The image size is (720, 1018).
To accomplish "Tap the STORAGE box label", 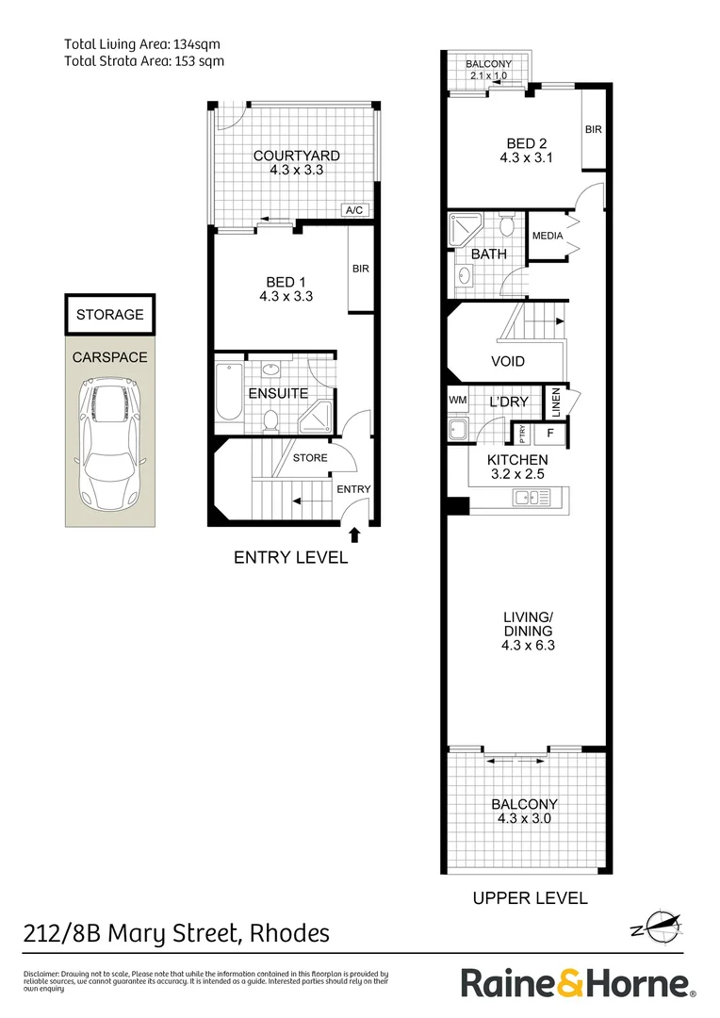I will pyautogui.click(x=110, y=315).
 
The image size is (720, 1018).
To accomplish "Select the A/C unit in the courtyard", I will pyautogui.click(x=355, y=210).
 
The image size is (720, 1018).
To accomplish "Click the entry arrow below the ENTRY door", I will pyautogui.click(x=354, y=535).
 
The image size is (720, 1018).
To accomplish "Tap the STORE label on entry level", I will pyautogui.click(x=310, y=459).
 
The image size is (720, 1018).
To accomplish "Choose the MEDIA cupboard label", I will pyautogui.click(x=548, y=237).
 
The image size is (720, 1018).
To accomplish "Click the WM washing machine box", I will pyautogui.click(x=458, y=402).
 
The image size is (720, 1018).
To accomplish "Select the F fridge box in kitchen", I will pyautogui.click(x=550, y=434).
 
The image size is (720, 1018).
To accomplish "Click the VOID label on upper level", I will pyautogui.click(x=508, y=362).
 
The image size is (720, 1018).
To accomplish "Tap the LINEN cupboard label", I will pyautogui.click(x=556, y=402).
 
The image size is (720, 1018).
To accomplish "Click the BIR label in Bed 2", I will pyautogui.click(x=593, y=129).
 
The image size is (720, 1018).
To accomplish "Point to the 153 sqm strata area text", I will pyautogui.click(x=200, y=60).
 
